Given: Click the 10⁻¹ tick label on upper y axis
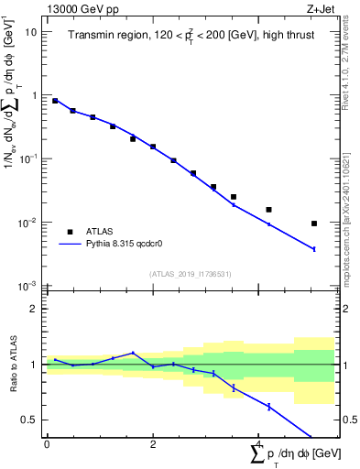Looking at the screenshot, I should click(x=28, y=158).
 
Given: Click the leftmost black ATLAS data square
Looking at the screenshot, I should click(x=55, y=101).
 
